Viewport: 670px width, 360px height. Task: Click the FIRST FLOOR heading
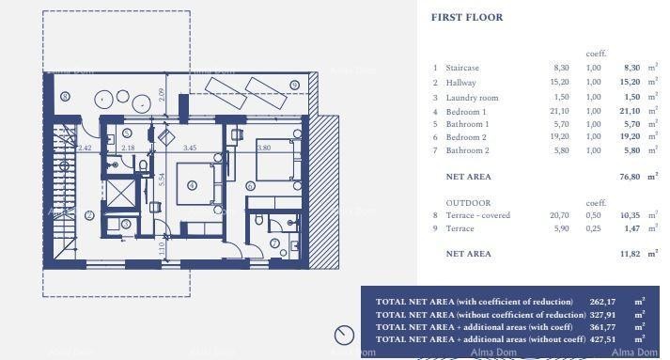pyautogui.click(x=466, y=17)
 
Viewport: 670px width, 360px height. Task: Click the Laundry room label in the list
pyautogui.click(x=472, y=97)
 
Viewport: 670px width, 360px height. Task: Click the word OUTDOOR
pyautogui.click(x=468, y=202)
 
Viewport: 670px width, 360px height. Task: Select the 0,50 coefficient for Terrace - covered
pyautogui.click(x=593, y=215)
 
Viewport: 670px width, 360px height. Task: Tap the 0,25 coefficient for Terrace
pyautogui.click(x=593, y=228)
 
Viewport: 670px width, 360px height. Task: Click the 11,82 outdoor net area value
pyautogui.click(x=631, y=254)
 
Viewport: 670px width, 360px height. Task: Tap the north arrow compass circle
pyautogui.click(x=344, y=335)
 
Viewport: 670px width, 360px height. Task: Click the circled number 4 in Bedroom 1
pyautogui.click(x=192, y=185)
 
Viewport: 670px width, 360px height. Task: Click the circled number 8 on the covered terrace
pyautogui.click(x=65, y=97)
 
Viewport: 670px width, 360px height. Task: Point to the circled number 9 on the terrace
pyautogui.click(x=294, y=86)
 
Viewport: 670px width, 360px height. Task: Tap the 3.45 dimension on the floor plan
pyautogui.click(x=190, y=148)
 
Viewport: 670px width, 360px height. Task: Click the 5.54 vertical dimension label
pyautogui.click(x=162, y=180)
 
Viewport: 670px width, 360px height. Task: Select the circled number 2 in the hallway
pyautogui.click(x=89, y=215)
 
